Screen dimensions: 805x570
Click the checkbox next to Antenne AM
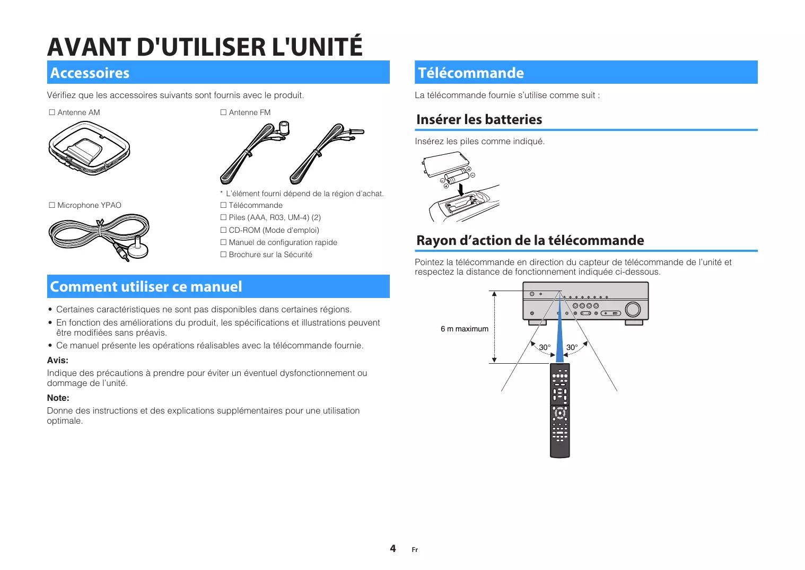click(x=52, y=112)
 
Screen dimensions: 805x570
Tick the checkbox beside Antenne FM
click(x=223, y=112)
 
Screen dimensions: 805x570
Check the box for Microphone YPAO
click(x=52, y=205)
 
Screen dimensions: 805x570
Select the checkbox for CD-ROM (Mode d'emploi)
click(x=223, y=230)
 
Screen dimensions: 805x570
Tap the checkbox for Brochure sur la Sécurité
click(x=223, y=255)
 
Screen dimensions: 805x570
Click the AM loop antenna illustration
click(x=89, y=148)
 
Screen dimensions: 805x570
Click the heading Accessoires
click(x=90, y=73)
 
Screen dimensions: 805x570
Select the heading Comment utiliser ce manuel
click(x=146, y=287)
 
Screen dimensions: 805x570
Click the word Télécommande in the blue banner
click(x=471, y=73)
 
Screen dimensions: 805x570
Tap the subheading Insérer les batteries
click(x=479, y=119)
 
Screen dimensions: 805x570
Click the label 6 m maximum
click(x=465, y=329)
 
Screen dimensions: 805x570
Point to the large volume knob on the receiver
click(x=633, y=309)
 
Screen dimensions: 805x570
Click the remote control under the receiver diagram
click(x=560, y=410)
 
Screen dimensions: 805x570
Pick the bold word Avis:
click(x=57, y=360)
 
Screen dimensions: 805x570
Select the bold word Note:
click(x=58, y=398)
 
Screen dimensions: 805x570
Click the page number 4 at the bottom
click(x=393, y=548)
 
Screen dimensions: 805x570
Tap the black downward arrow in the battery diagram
click(x=461, y=190)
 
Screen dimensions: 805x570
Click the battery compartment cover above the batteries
click(x=445, y=164)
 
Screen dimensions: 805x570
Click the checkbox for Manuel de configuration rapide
click(x=223, y=242)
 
